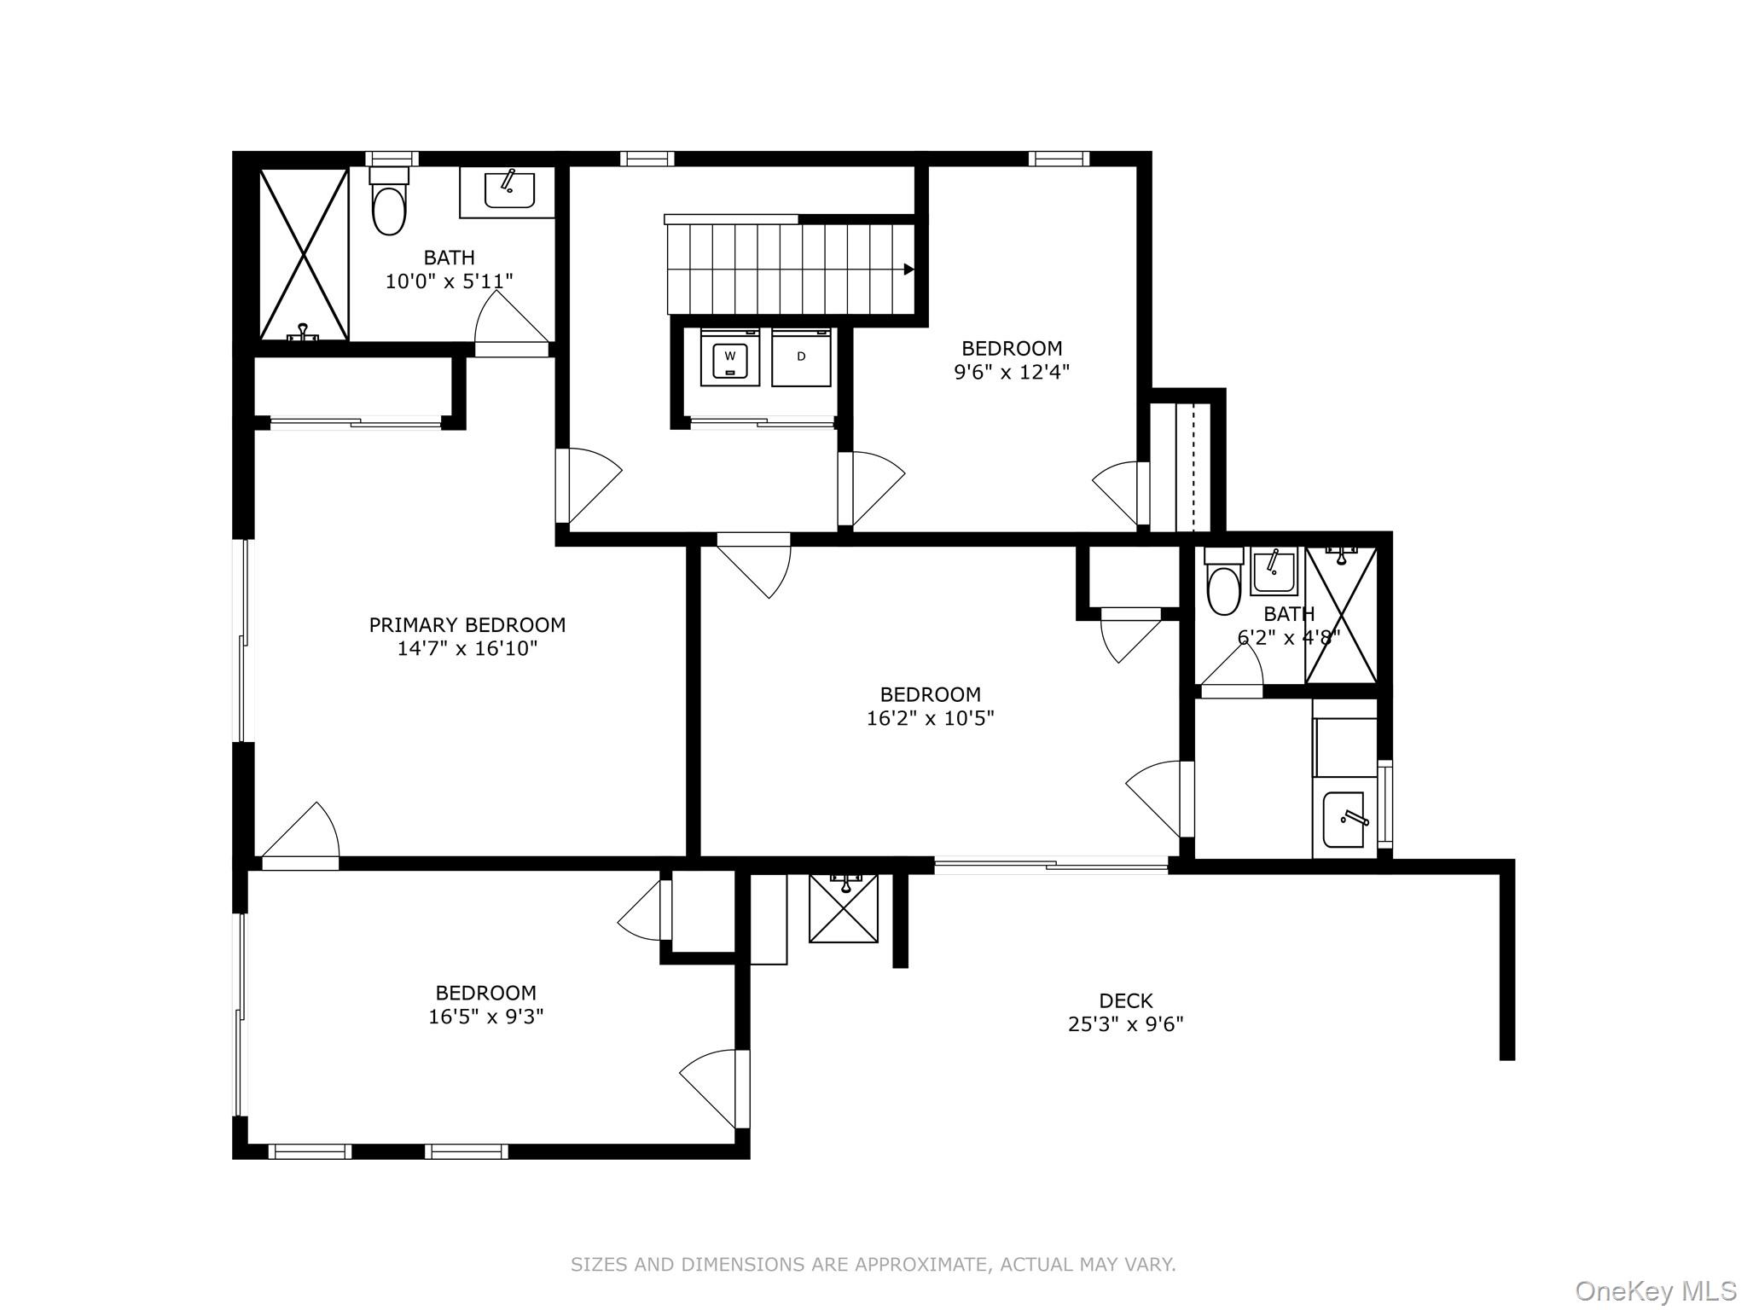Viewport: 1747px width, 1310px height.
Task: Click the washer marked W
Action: tap(729, 359)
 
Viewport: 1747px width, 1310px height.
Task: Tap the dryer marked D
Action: tap(801, 358)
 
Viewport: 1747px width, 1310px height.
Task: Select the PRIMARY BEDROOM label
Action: tap(467, 625)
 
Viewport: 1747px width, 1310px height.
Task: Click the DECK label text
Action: tap(1125, 1000)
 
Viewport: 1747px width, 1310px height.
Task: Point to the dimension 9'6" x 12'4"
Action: tap(1011, 372)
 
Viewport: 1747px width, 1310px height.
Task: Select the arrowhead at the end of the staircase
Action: tap(908, 270)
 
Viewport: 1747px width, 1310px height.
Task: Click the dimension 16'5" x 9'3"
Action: tap(485, 1017)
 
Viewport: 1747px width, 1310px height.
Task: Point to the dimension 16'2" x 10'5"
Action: tap(930, 718)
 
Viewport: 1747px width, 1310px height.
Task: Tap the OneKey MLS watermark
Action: tap(1655, 1291)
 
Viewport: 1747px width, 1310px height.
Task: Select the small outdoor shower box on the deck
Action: tap(844, 909)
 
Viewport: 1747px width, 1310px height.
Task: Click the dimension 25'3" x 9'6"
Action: tap(1125, 1024)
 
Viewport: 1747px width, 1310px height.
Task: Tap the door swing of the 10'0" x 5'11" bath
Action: tap(510, 320)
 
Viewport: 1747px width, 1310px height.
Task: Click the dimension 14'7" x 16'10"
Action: tap(467, 649)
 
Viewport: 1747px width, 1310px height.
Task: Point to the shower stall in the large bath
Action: tap(304, 254)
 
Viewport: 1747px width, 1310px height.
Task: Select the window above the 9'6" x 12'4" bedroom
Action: tap(1058, 159)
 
